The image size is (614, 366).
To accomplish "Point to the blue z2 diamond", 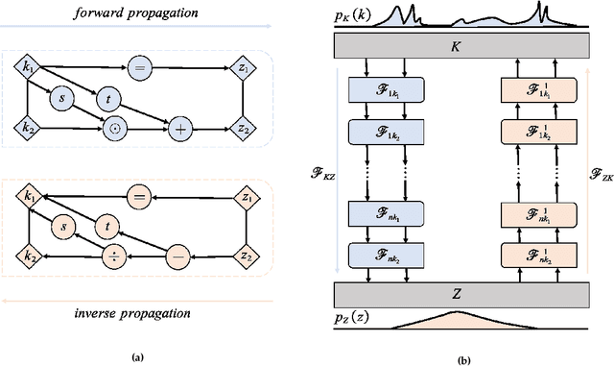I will click(x=248, y=126).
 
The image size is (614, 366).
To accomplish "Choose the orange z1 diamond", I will click(x=248, y=199).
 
